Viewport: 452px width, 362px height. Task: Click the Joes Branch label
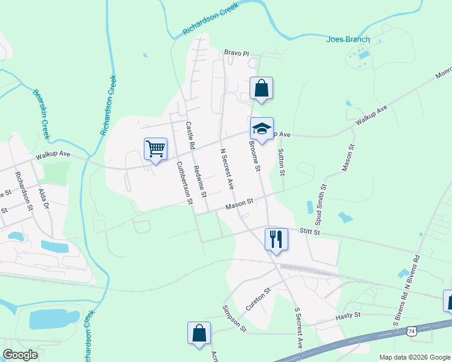pyautogui.click(x=347, y=40)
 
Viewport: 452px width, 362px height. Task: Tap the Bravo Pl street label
pyautogui.click(x=236, y=53)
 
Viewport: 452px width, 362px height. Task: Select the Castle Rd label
pyautogui.click(x=190, y=136)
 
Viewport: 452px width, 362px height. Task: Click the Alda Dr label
pyautogui.click(x=43, y=199)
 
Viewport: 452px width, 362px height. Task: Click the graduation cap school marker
pyautogui.click(x=262, y=128)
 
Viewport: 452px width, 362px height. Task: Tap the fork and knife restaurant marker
pyautogui.click(x=276, y=238)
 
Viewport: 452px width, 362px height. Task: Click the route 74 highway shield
pyautogui.click(x=411, y=331)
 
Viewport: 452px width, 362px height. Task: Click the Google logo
pyautogui.click(x=20, y=355)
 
